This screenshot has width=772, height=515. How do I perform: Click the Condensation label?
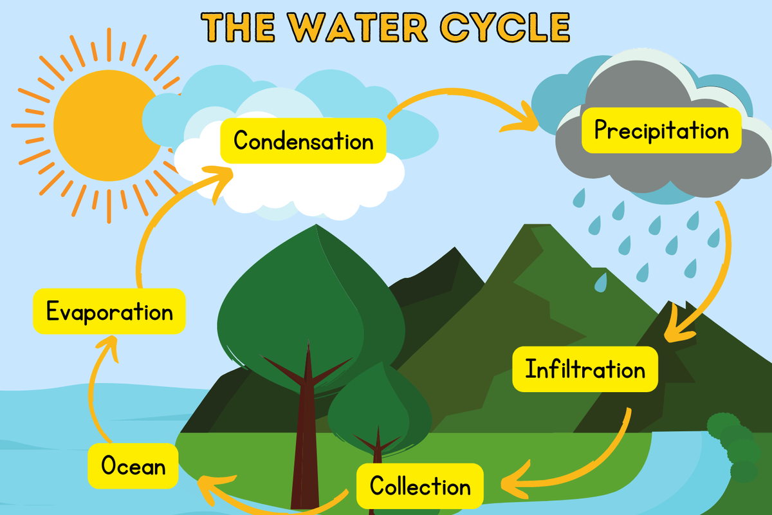tap(303, 140)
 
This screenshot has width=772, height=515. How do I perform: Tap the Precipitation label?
tap(661, 131)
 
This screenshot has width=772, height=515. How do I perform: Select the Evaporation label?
tap(109, 312)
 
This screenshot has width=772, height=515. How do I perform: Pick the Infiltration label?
tap(585, 370)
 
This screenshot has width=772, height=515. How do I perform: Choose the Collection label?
tap(419, 486)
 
